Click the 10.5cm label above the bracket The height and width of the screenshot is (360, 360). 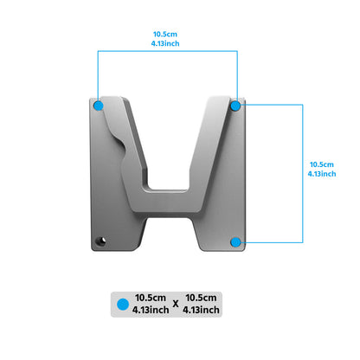tap(167, 35)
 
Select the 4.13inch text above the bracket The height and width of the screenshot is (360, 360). tap(167, 44)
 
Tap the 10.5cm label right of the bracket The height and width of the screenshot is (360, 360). tap(322, 164)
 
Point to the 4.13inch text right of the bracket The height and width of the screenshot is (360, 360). tap(322, 173)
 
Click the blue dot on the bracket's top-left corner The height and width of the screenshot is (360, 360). tap(99, 105)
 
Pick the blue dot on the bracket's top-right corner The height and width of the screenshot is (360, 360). tap(235, 105)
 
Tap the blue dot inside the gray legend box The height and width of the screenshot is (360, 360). tap(123, 304)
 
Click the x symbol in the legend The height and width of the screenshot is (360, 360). tap(175, 304)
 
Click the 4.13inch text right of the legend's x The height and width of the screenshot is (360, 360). tap(201, 310)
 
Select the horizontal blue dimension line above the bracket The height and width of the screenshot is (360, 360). tap(167, 51)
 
